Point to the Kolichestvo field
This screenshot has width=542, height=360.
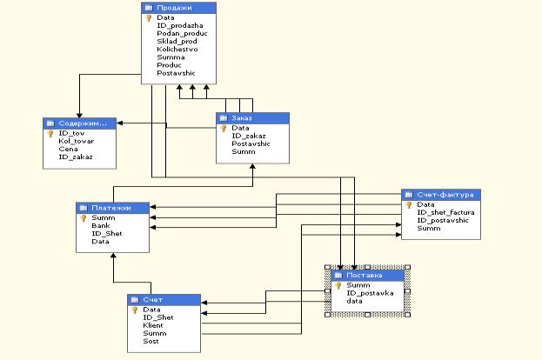177,50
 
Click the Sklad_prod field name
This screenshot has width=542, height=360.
177,42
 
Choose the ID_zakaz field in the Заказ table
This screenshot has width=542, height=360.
249,136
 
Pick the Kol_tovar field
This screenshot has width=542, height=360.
77,141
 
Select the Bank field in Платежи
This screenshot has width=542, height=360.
101,225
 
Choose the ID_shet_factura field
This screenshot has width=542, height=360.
445,213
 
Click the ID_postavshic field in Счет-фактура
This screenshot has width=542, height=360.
443,221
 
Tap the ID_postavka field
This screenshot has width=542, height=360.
370,293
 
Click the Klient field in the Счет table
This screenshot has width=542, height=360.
153,325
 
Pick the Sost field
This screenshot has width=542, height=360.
151,342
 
